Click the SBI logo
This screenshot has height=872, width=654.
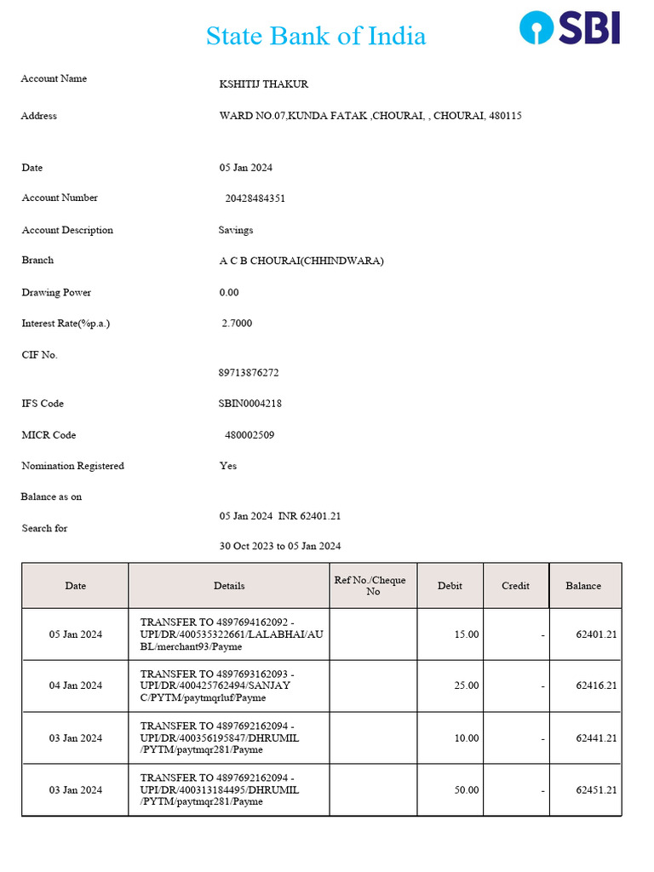[570, 27]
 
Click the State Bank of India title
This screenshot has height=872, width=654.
[316, 36]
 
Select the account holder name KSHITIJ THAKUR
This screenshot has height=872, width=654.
[264, 84]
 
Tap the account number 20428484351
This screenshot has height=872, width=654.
[255, 198]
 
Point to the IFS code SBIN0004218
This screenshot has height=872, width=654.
[250, 404]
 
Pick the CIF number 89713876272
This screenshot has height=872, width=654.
[249, 373]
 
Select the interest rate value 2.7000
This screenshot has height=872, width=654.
[237, 324]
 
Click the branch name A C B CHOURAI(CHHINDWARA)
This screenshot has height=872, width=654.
[301, 261]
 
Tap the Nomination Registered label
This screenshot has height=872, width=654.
[73, 466]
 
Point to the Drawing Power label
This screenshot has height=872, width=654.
[56, 292]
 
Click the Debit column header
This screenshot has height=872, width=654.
[450, 586]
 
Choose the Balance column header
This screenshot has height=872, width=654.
[583, 586]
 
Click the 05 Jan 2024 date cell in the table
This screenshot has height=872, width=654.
[76, 634]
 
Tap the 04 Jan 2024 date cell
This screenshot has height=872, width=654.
[76, 686]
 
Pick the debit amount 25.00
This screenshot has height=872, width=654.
[467, 686]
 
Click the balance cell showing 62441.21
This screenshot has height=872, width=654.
[596, 738]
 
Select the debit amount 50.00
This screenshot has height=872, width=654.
[467, 790]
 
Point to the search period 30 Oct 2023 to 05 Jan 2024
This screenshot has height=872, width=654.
[280, 546]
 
